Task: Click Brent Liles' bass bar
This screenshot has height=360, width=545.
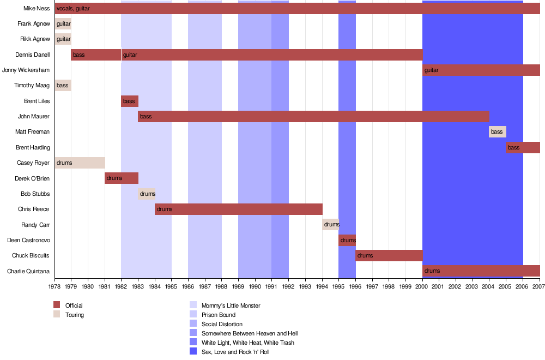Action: tap(130, 101)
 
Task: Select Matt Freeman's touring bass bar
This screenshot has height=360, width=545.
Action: tap(498, 131)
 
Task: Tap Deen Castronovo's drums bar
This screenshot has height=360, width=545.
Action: tap(347, 240)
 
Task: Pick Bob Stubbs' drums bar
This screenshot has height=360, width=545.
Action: tap(147, 194)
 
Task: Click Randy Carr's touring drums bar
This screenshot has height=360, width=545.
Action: tap(330, 225)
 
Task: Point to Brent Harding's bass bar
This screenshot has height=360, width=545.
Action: tap(523, 147)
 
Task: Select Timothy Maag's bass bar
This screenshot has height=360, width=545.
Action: tap(63, 85)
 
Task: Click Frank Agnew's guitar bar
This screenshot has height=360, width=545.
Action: tap(63, 23)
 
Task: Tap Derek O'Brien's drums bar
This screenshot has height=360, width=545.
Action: tap(122, 178)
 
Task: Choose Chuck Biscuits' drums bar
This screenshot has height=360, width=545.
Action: tap(389, 255)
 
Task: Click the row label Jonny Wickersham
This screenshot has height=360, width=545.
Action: tap(26, 70)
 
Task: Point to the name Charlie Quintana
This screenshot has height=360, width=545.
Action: tap(28, 271)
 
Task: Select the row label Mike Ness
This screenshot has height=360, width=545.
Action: tap(37, 8)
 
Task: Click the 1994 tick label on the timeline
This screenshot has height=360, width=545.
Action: tap(322, 286)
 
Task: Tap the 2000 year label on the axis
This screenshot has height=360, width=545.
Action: tap(422, 286)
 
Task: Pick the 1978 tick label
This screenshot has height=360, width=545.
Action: tap(55, 286)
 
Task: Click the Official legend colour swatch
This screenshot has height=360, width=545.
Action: tap(57, 305)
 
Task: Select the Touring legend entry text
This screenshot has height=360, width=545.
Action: tap(75, 315)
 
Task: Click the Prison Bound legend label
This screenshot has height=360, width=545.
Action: tap(219, 315)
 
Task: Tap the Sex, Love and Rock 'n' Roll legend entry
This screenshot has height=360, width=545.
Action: tap(235, 352)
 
